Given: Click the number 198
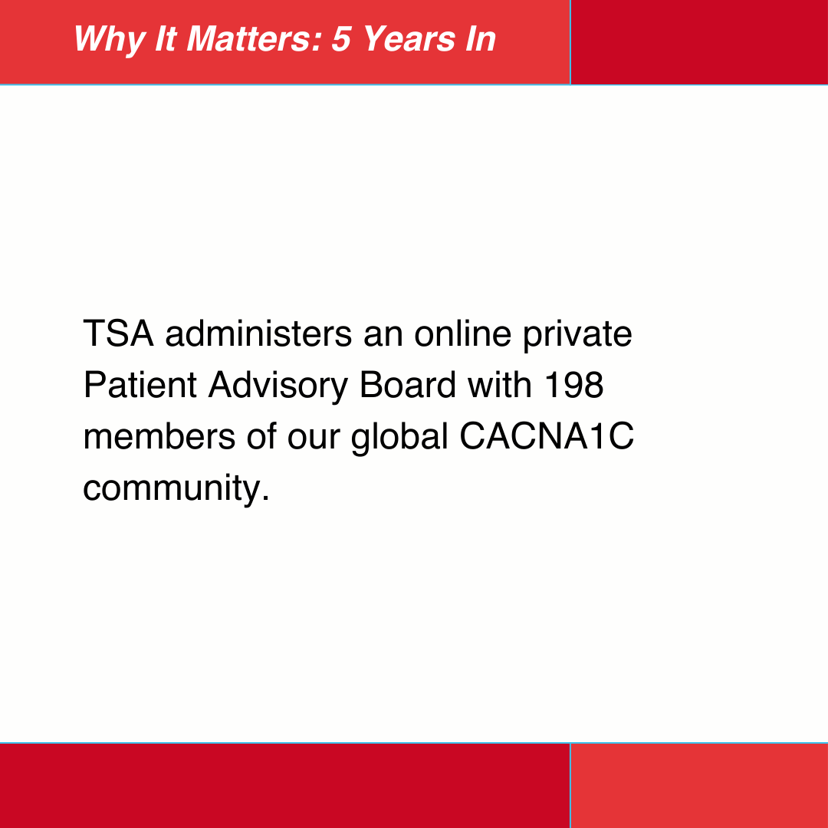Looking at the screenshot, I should coord(573,386).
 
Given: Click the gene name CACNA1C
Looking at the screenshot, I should coord(547,436).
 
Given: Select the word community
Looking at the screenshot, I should coord(176,487).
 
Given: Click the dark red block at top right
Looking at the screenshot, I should coord(699,41).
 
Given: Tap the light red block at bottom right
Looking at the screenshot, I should coord(699,786).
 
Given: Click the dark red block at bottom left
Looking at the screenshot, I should coord(284,786).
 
